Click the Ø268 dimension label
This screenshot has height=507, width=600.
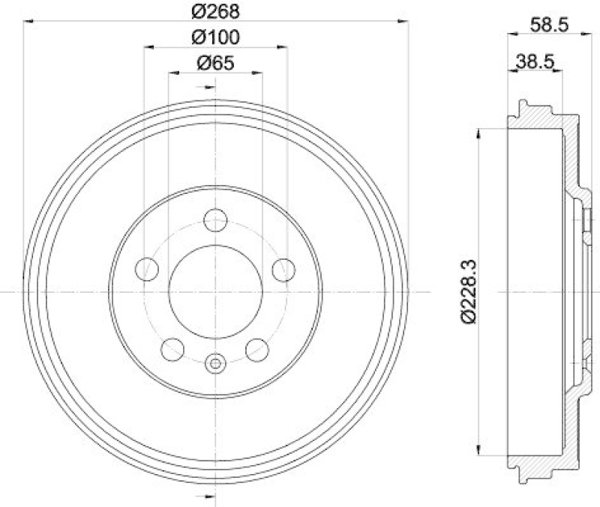[215, 11]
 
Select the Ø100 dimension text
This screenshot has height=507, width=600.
[215, 37]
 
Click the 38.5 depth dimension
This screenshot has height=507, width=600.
[535, 62]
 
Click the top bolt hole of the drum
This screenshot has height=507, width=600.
[215, 220]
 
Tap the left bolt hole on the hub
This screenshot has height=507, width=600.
[148, 268]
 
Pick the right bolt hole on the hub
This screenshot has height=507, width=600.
[283, 269]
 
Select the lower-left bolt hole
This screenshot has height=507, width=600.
[174, 348]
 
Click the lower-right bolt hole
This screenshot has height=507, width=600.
[257, 348]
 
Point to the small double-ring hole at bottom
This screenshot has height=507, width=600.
[215, 364]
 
